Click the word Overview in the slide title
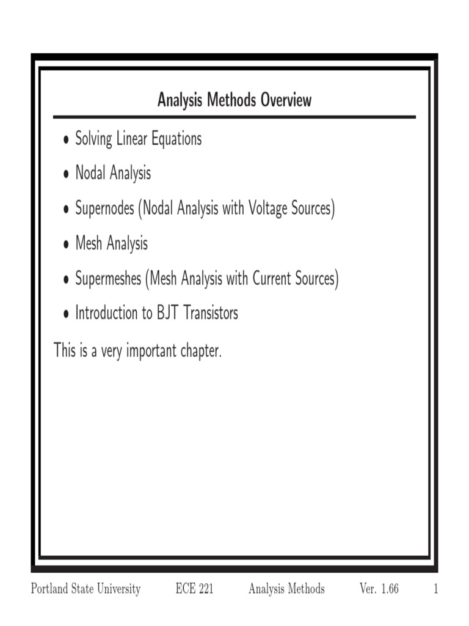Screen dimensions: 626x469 (x=286, y=100)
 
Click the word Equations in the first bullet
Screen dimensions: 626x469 (x=173, y=139)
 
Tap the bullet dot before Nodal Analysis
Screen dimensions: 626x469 (x=65, y=175)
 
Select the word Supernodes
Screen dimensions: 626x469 (x=104, y=208)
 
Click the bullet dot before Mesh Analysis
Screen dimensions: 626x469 (x=65, y=245)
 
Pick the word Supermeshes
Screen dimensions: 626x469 (x=108, y=279)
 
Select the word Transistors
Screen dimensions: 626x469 (x=207, y=313)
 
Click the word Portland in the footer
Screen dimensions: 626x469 (x=48, y=589)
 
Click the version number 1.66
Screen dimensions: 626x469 (x=387, y=589)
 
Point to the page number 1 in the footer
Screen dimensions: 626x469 (x=436, y=589)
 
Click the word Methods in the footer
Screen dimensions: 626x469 (x=305, y=589)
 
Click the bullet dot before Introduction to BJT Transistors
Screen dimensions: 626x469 (x=65, y=314)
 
